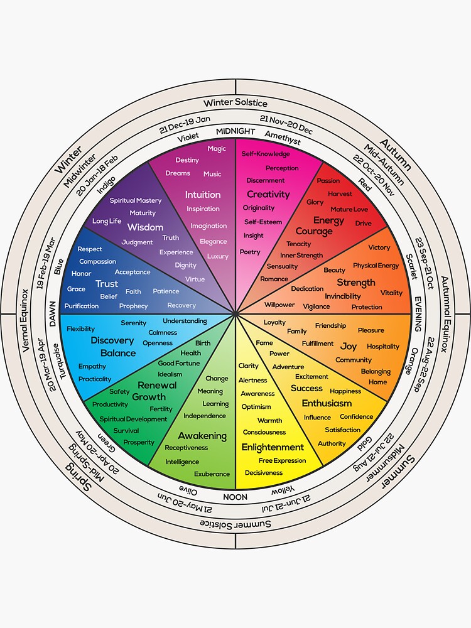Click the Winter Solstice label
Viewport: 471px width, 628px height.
click(x=235, y=103)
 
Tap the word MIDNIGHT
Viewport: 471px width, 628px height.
click(x=235, y=131)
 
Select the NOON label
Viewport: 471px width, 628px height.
click(x=235, y=497)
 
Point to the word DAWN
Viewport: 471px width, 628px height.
click(x=53, y=314)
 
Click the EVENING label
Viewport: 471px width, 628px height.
click(x=418, y=314)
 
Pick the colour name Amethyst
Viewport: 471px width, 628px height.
click(x=283, y=138)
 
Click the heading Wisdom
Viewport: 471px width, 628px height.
click(x=145, y=227)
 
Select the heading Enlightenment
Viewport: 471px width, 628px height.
click(x=273, y=447)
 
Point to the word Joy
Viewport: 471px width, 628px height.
click(x=349, y=346)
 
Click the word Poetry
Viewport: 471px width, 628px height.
click(x=250, y=252)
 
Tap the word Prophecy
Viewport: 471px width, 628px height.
click(x=133, y=306)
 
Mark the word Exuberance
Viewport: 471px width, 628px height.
click(x=212, y=474)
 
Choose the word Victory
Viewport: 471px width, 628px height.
click(x=379, y=247)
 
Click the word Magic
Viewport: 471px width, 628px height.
click(x=217, y=148)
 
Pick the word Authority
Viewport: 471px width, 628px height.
click(x=332, y=443)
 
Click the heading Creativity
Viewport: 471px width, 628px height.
click(x=268, y=194)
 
